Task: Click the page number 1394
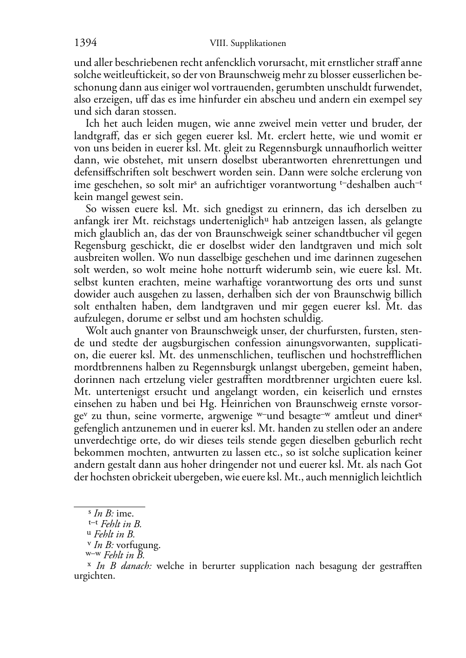coord(85,43)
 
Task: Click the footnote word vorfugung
coord(138,545)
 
